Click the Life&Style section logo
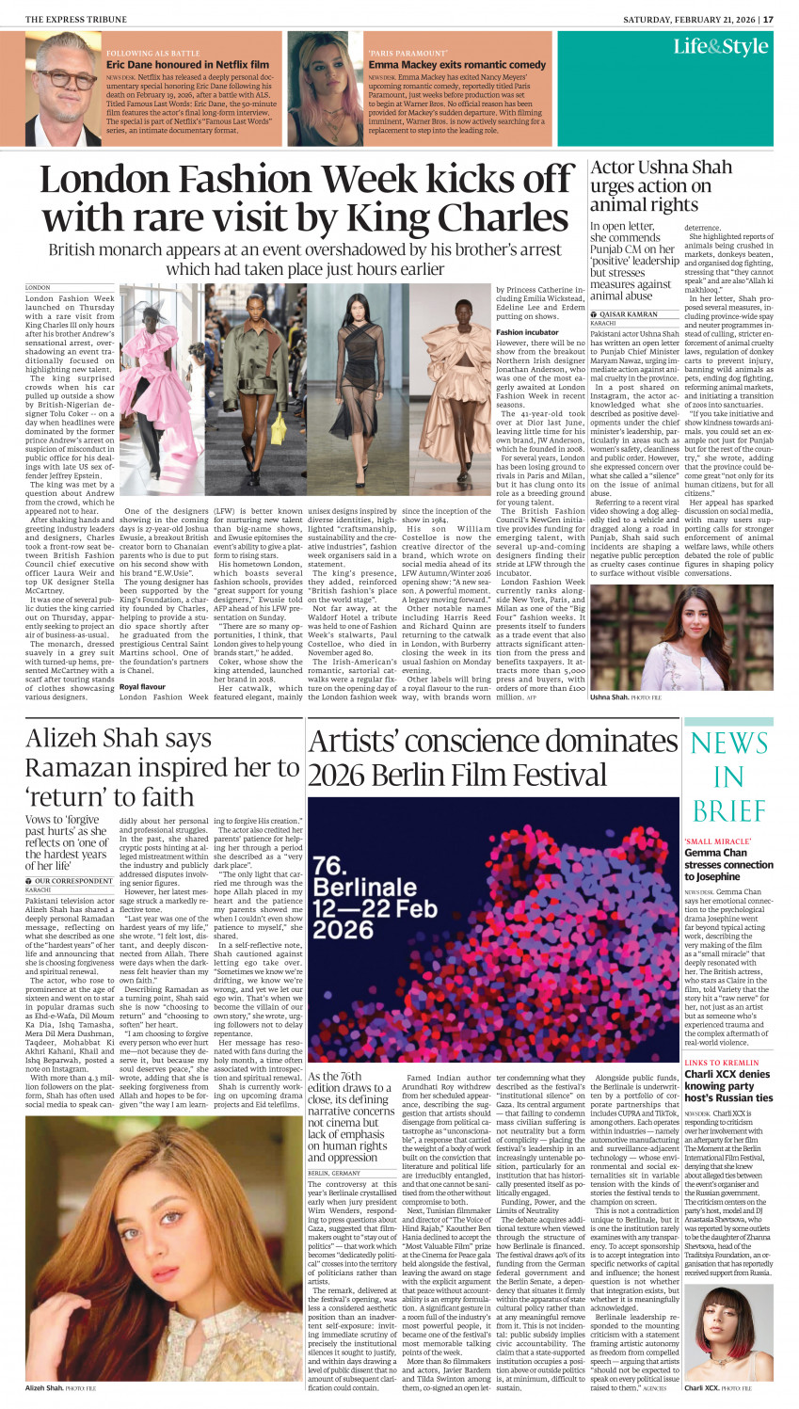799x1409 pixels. (720, 47)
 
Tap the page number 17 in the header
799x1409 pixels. (769, 19)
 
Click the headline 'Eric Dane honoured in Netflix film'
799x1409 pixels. (187, 65)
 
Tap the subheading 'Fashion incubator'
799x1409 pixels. (527, 332)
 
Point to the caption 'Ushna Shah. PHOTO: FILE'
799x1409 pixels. (626, 697)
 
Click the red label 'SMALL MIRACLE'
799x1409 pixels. (711, 841)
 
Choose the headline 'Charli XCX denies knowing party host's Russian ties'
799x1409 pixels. (728, 1085)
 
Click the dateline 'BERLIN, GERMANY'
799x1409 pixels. (334, 1174)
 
